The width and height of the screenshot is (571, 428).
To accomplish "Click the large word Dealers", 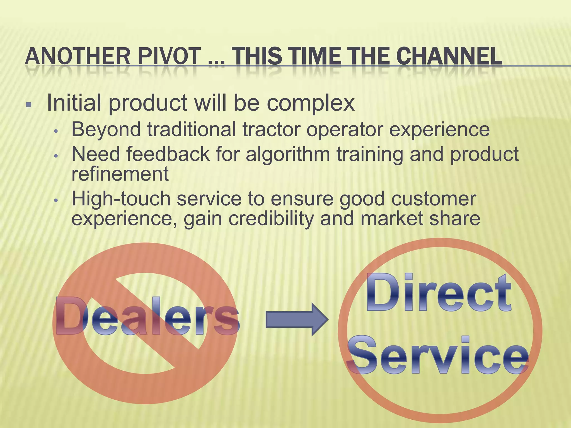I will (x=147, y=317).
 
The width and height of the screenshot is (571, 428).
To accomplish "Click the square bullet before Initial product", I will (x=28, y=105).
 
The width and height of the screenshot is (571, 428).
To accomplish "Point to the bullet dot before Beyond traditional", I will (x=56, y=131).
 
